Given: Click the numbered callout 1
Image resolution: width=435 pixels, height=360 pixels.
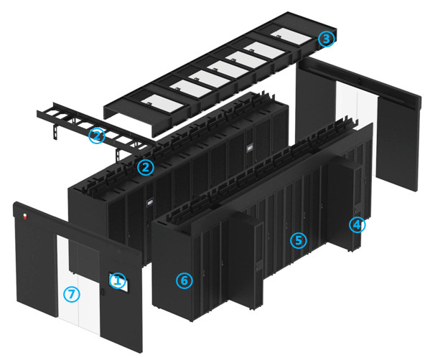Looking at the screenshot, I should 118,279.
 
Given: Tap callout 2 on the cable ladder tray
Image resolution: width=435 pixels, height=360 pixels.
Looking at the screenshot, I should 97,135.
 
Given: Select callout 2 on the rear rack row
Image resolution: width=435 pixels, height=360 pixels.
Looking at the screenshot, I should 146,168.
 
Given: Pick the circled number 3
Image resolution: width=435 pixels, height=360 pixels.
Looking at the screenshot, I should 327,39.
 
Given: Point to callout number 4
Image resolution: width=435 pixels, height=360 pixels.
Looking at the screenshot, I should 357,225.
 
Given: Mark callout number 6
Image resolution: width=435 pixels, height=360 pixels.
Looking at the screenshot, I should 184,280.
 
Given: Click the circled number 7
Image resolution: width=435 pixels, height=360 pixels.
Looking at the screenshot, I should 70,293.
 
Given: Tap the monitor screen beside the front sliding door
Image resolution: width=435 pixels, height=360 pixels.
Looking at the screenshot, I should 118,282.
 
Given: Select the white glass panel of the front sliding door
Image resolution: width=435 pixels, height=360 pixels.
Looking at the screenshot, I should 83,287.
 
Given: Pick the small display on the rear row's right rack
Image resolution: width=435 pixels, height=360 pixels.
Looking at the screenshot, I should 249,148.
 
